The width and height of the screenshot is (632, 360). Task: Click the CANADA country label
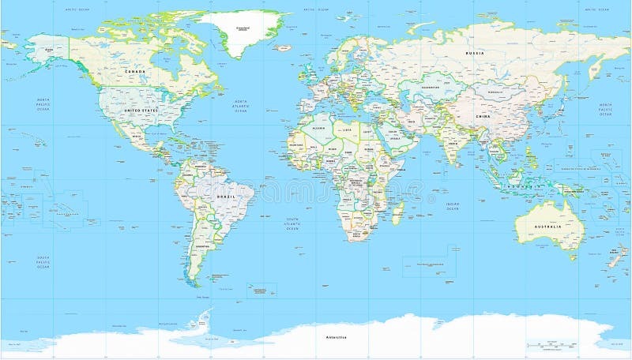click(x=136, y=71)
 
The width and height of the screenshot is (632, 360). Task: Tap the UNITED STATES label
click(x=141, y=111)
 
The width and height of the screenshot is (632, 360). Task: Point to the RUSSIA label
click(x=474, y=53)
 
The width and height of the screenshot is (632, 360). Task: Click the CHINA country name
click(x=483, y=116)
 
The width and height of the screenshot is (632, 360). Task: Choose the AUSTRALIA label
click(x=548, y=227)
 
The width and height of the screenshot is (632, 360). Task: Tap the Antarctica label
click(x=336, y=337)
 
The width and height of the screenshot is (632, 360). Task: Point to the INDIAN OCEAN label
click(x=452, y=206)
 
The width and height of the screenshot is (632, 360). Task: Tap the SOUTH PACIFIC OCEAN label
click(x=43, y=262)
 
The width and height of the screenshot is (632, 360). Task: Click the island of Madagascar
click(x=398, y=211)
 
